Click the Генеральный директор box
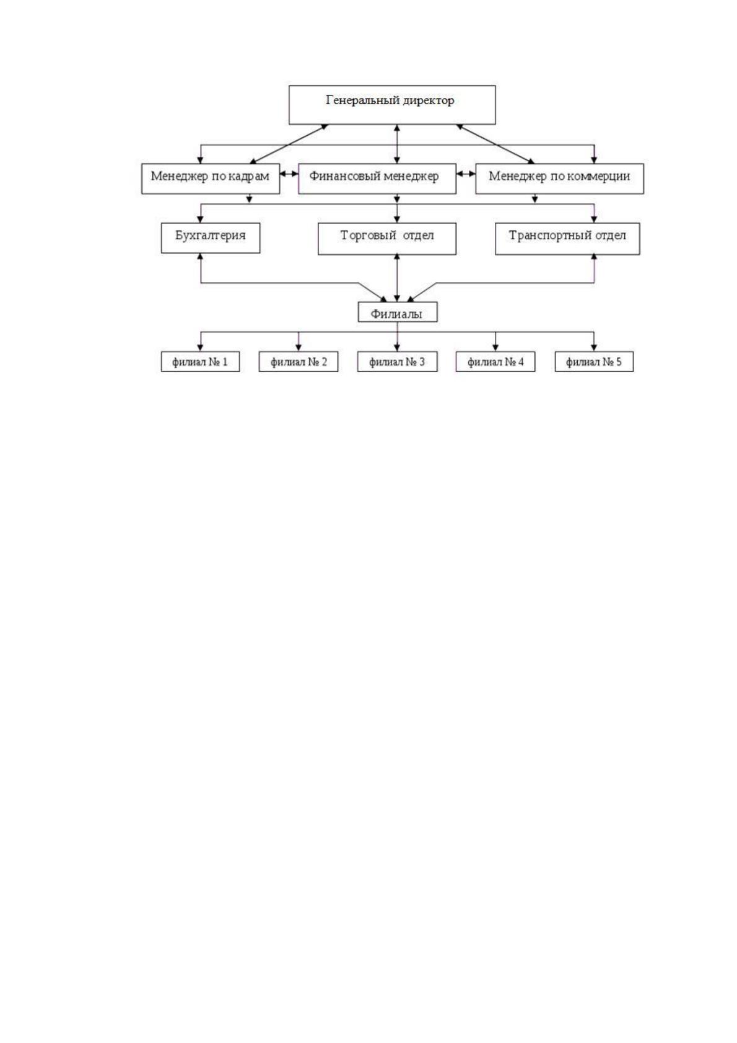pyautogui.click(x=391, y=105)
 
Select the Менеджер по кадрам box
pyautogui.click(x=211, y=178)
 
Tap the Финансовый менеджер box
pyautogui.click(x=377, y=178)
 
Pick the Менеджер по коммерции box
pyautogui.click(x=559, y=178)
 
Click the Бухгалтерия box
pyautogui.click(x=211, y=238)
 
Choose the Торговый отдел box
pyautogui.click(x=387, y=239)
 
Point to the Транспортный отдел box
pyautogui.click(x=567, y=239)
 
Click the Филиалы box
pyautogui.click(x=397, y=312)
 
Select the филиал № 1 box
pyautogui.click(x=200, y=362)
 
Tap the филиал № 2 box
pyautogui.click(x=299, y=362)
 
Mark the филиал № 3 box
pyautogui.click(x=397, y=362)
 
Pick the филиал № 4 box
pyautogui.click(x=495, y=362)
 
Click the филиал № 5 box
pyautogui.click(x=594, y=362)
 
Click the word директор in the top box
pyautogui.click(x=429, y=100)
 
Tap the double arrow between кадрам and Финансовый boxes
pyautogui.click(x=289, y=174)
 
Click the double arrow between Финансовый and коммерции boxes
pyautogui.click(x=466, y=174)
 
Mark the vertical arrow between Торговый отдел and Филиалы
pyautogui.click(x=396, y=278)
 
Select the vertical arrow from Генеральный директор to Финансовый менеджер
pyautogui.click(x=396, y=144)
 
